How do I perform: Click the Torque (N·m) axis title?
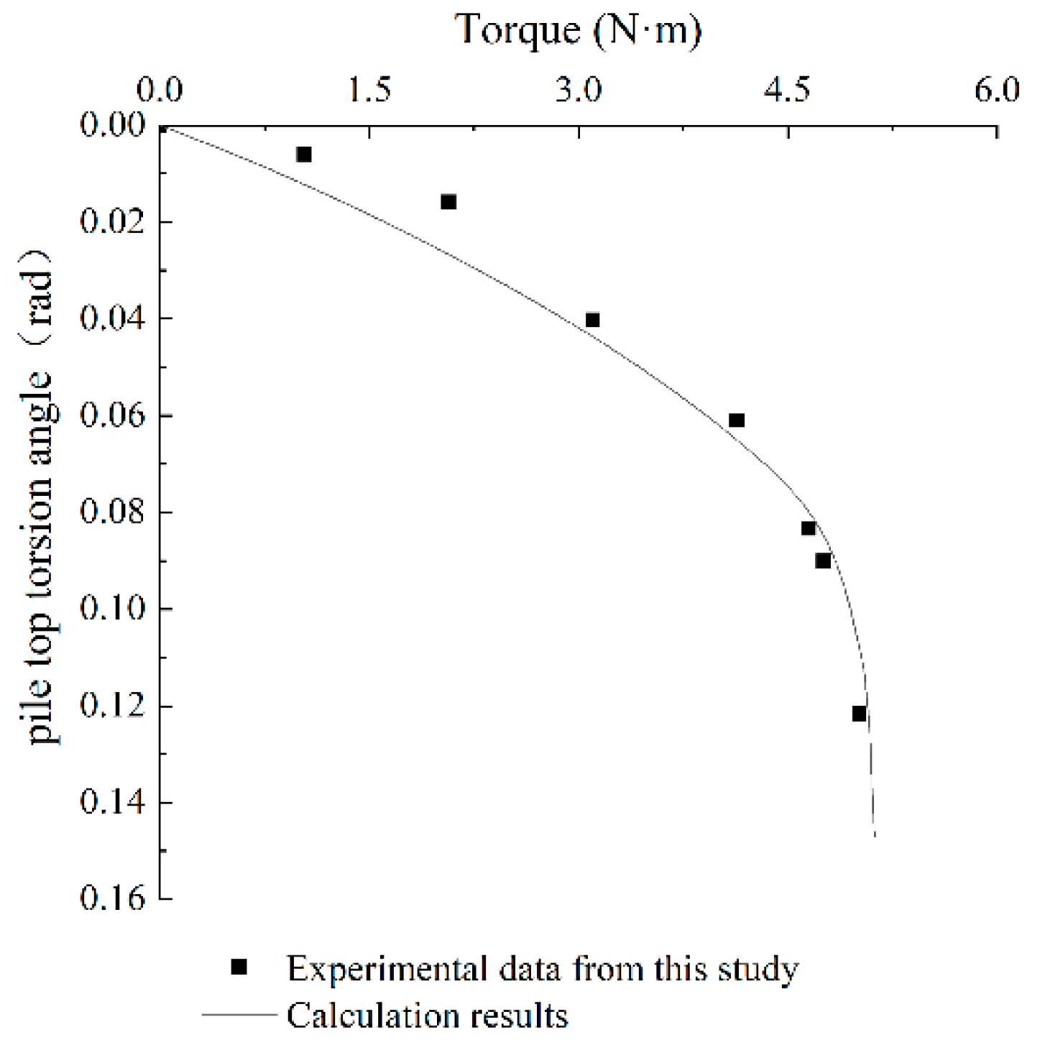click(x=579, y=30)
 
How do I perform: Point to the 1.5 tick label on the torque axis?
click(x=370, y=90)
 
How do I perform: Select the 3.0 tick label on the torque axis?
click(x=579, y=90)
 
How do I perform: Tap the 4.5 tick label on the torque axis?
click(x=788, y=90)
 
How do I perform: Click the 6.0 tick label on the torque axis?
click(x=997, y=90)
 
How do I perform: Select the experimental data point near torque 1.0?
click(x=304, y=155)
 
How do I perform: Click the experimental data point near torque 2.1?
click(x=448, y=202)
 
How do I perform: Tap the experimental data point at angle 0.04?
click(x=592, y=320)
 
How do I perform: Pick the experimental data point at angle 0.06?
click(x=737, y=420)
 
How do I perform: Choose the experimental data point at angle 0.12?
click(x=860, y=714)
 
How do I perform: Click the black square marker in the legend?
click(x=239, y=967)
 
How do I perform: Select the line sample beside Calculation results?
click(x=239, y=1015)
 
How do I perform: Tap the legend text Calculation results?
click(x=428, y=1016)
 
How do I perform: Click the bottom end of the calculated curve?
click(x=875, y=835)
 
